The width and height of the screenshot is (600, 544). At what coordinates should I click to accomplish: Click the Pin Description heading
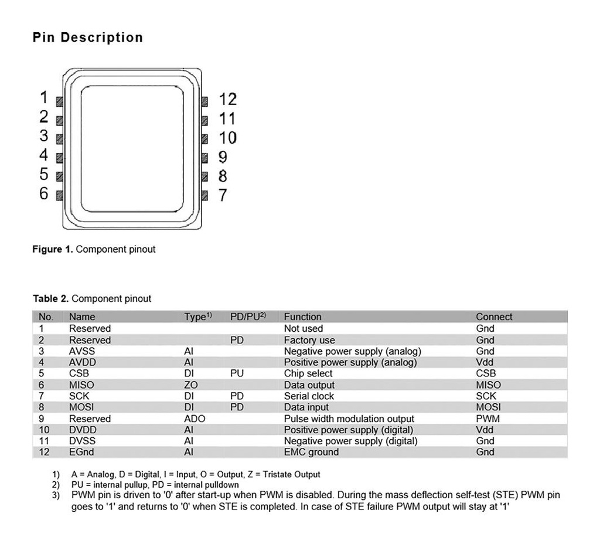(x=88, y=38)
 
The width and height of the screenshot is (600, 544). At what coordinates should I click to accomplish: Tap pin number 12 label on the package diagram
(x=227, y=100)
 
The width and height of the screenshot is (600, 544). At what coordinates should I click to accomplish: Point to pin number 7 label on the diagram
(x=223, y=195)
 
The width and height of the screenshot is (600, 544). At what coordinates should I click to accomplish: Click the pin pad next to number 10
(x=204, y=139)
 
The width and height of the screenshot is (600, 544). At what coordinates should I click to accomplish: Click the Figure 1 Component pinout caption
(x=94, y=249)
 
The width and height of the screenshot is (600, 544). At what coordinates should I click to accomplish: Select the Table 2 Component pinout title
(x=91, y=298)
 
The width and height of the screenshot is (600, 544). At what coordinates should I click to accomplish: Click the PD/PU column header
(x=248, y=317)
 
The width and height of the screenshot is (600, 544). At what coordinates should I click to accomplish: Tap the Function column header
(x=302, y=317)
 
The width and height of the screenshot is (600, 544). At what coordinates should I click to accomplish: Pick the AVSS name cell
(x=81, y=351)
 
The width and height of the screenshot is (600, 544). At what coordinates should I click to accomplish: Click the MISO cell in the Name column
(x=81, y=385)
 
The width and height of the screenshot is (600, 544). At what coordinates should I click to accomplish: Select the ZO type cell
(x=190, y=385)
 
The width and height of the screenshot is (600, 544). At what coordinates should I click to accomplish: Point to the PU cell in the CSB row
(x=237, y=373)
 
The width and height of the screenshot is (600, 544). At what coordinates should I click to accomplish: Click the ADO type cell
(x=194, y=419)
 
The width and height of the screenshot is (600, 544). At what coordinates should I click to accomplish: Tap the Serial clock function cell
(x=309, y=396)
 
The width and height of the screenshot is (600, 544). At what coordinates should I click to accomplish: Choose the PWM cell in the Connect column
(x=487, y=419)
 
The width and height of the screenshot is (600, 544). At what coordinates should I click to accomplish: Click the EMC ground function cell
(x=311, y=452)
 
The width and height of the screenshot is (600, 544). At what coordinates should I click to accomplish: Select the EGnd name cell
(x=81, y=452)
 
